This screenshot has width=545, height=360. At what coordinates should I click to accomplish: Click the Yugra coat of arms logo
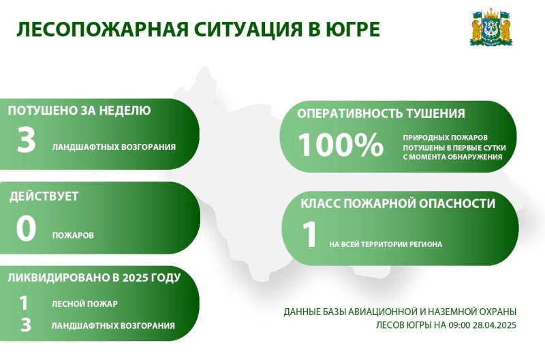pyautogui.click(x=491, y=27)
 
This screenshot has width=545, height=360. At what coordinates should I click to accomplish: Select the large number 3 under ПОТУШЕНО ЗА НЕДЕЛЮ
pyautogui.click(x=27, y=140)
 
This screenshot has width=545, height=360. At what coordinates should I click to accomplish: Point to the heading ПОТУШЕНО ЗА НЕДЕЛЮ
pyautogui.click(x=79, y=110)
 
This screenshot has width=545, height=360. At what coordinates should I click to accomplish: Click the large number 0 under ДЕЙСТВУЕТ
pyautogui.click(x=26, y=228)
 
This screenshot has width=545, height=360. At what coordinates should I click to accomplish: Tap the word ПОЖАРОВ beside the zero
pyautogui.click(x=73, y=235)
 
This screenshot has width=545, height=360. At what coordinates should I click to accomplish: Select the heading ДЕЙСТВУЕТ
pyautogui.click(x=44, y=196)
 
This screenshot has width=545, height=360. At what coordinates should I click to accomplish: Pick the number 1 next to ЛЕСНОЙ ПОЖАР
pyautogui.click(x=24, y=303)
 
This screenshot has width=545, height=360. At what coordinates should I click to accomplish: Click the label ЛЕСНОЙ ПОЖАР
pyautogui.click(x=84, y=304)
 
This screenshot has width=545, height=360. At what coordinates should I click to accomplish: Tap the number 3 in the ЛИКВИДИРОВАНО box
pyautogui.click(x=26, y=325)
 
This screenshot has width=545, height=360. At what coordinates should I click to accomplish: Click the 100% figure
pyautogui.click(x=341, y=145)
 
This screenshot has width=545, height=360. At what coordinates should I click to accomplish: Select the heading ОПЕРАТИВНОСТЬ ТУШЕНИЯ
pyautogui.click(x=381, y=114)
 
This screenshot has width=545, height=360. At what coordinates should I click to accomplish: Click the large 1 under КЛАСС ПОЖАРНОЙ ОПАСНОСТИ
pyautogui.click(x=309, y=235)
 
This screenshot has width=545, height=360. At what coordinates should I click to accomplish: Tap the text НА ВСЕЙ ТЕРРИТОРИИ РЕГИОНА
pyautogui.click(x=386, y=245)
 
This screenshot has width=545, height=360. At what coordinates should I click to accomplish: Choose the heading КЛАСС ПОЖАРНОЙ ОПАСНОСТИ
pyautogui.click(x=398, y=203)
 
